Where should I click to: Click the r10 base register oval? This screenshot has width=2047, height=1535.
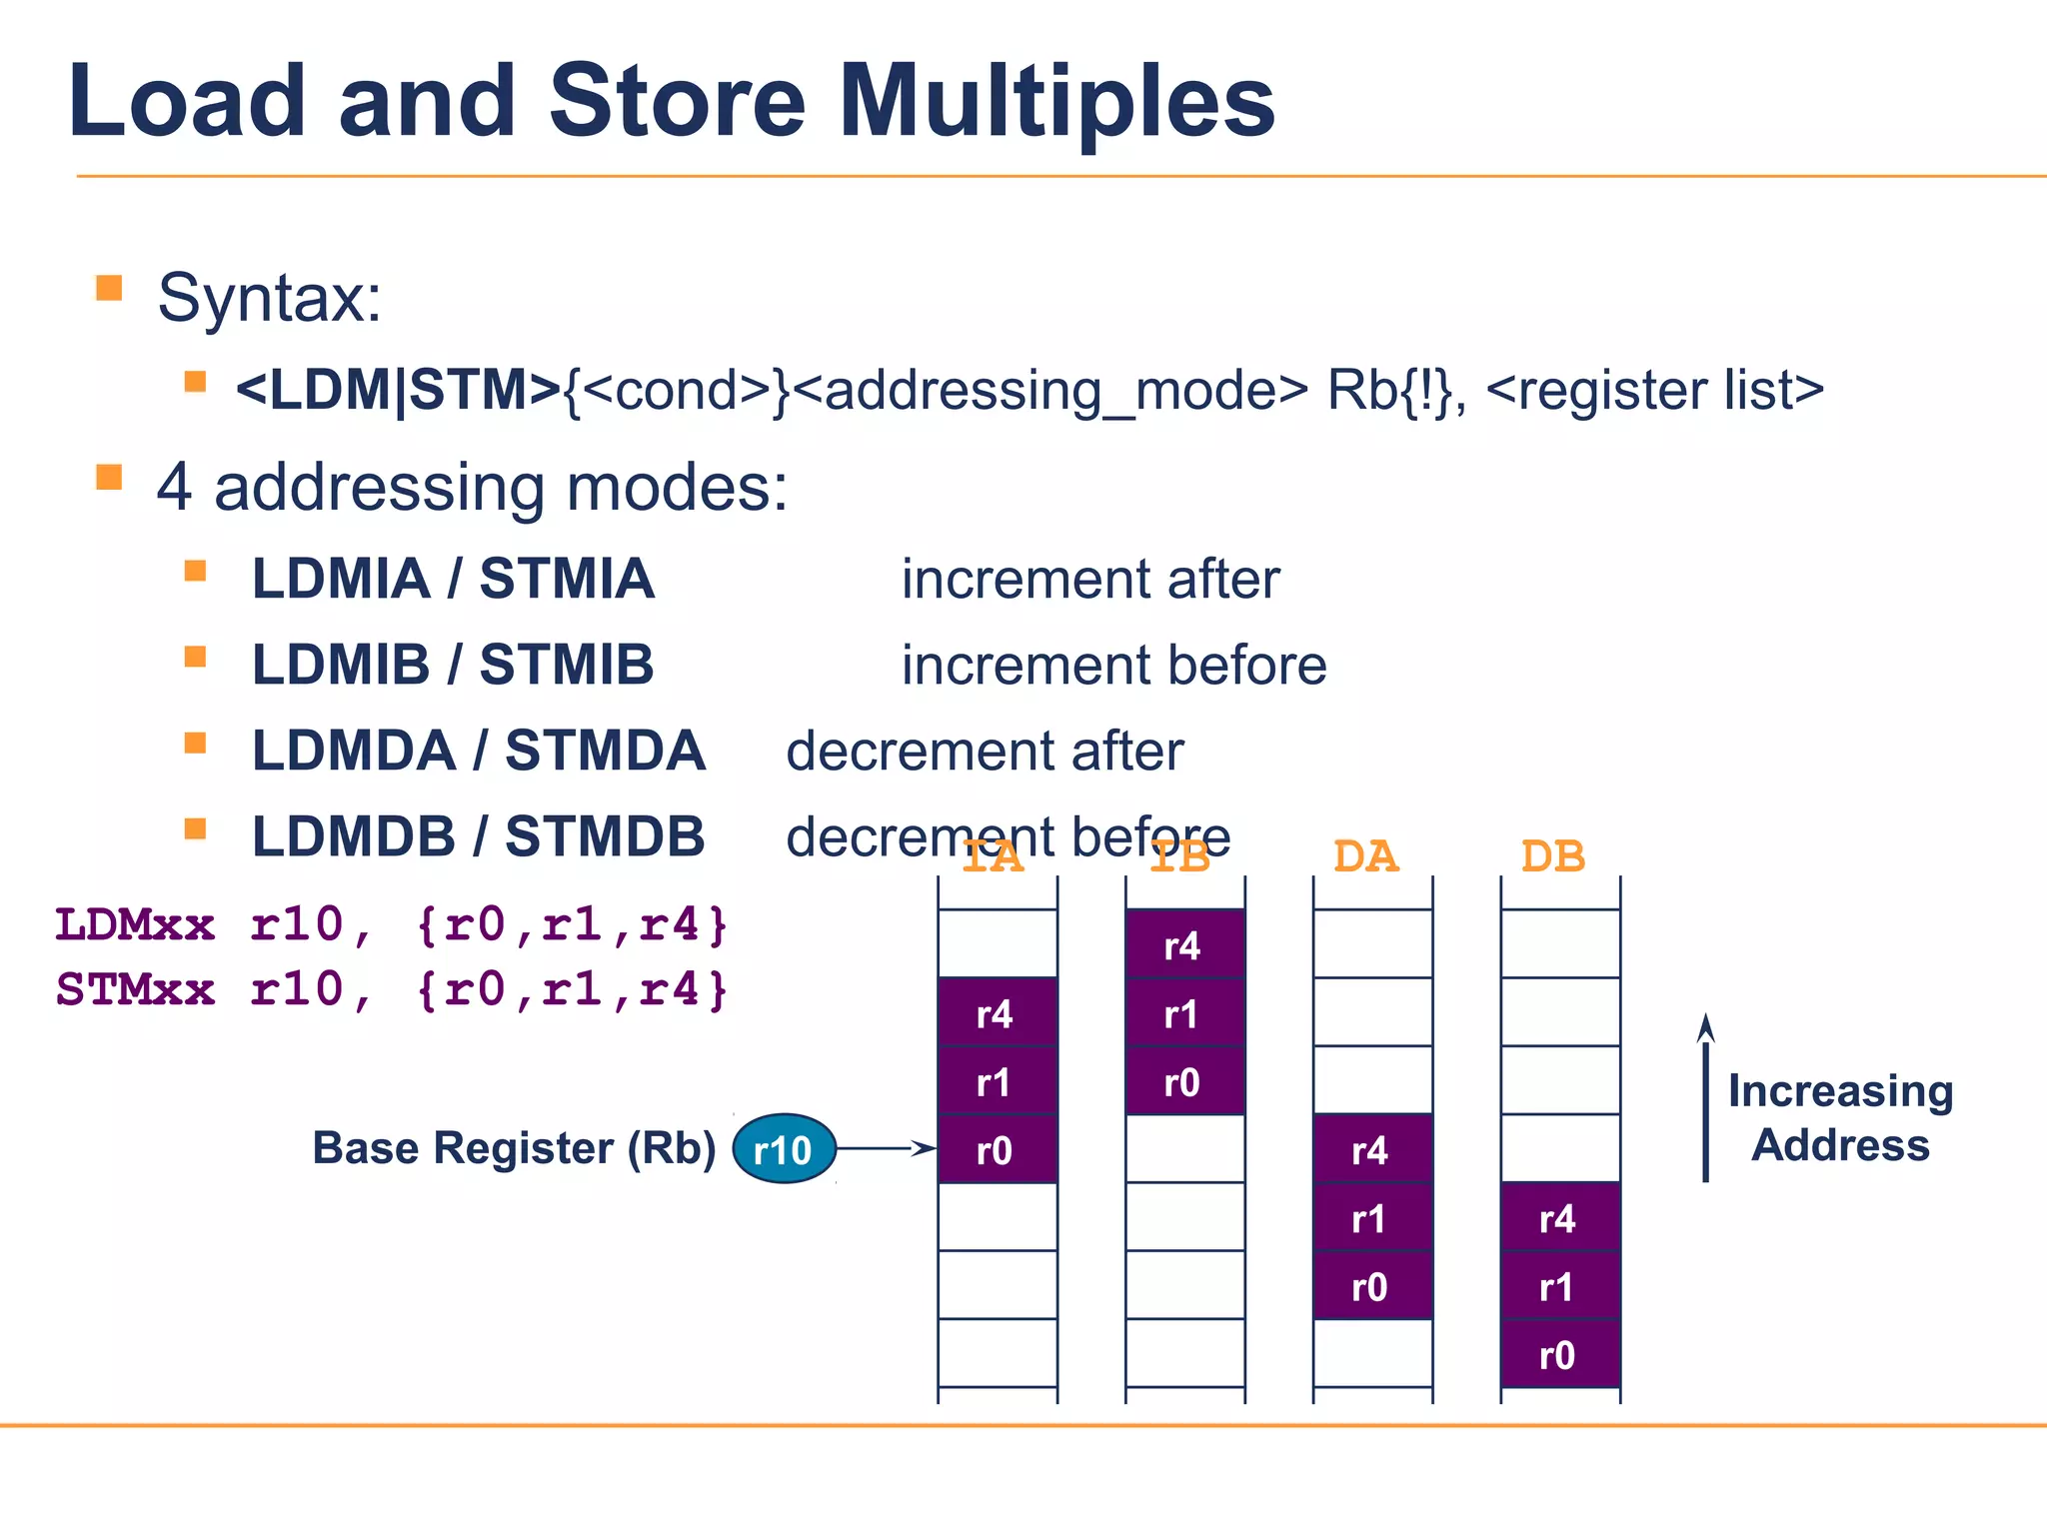click(x=784, y=1149)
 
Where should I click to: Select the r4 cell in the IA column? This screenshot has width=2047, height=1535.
click(x=997, y=1013)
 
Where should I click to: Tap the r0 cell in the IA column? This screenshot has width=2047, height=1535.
click(x=997, y=1150)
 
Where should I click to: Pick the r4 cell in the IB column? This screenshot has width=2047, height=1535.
click(x=1184, y=944)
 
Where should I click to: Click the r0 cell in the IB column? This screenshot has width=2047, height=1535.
click(x=1184, y=1081)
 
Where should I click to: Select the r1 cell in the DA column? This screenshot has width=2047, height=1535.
click(x=1371, y=1218)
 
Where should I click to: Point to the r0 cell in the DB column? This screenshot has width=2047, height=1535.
click(x=1559, y=1355)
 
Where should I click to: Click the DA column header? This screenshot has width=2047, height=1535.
click(x=1365, y=857)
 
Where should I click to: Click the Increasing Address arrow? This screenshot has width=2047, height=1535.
click(x=1705, y=1099)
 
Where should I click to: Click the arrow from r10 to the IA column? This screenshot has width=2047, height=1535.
click(x=886, y=1149)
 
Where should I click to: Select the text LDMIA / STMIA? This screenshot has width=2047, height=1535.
click(x=453, y=579)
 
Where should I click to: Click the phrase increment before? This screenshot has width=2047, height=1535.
click(x=1113, y=666)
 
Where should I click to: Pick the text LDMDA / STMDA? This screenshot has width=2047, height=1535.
click(x=478, y=752)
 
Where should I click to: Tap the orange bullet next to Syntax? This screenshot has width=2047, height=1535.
click(x=109, y=289)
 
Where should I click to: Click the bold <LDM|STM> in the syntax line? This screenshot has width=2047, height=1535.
click(x=398, y=390)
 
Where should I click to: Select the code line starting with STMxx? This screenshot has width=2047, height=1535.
click(x=392, y=990)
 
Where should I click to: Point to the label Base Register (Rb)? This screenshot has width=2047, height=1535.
click(x=514, y=1148)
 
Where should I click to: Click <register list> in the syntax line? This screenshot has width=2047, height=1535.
click(x=1654, y=390)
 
